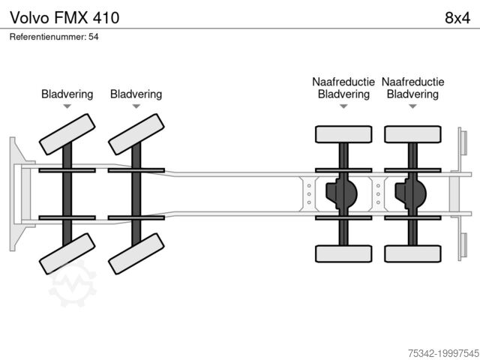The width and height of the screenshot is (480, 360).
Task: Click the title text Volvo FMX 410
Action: [64, 16]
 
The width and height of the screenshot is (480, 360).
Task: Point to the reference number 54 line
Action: [55, 37]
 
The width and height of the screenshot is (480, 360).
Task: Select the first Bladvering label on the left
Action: [67, 94]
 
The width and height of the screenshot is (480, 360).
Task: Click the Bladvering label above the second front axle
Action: [136, 94]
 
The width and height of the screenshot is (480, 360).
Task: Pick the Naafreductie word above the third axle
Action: [343, 82]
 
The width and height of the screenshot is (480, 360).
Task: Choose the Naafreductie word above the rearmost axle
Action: [412, 82]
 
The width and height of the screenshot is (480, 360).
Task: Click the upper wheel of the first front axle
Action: [67, 133]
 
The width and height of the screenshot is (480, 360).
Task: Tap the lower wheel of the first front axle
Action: [67, 253]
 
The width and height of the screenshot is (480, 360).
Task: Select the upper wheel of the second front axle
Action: [136, 133]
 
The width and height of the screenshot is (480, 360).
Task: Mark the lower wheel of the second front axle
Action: [136, 253]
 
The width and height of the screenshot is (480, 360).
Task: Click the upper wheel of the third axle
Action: [343, 134]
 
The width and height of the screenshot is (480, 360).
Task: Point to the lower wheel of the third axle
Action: [343, 253]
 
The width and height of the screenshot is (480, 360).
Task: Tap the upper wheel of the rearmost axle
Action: [412, 134]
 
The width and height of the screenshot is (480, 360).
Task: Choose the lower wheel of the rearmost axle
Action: [412, 253]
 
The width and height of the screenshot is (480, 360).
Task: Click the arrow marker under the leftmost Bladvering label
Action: [67, 106]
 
